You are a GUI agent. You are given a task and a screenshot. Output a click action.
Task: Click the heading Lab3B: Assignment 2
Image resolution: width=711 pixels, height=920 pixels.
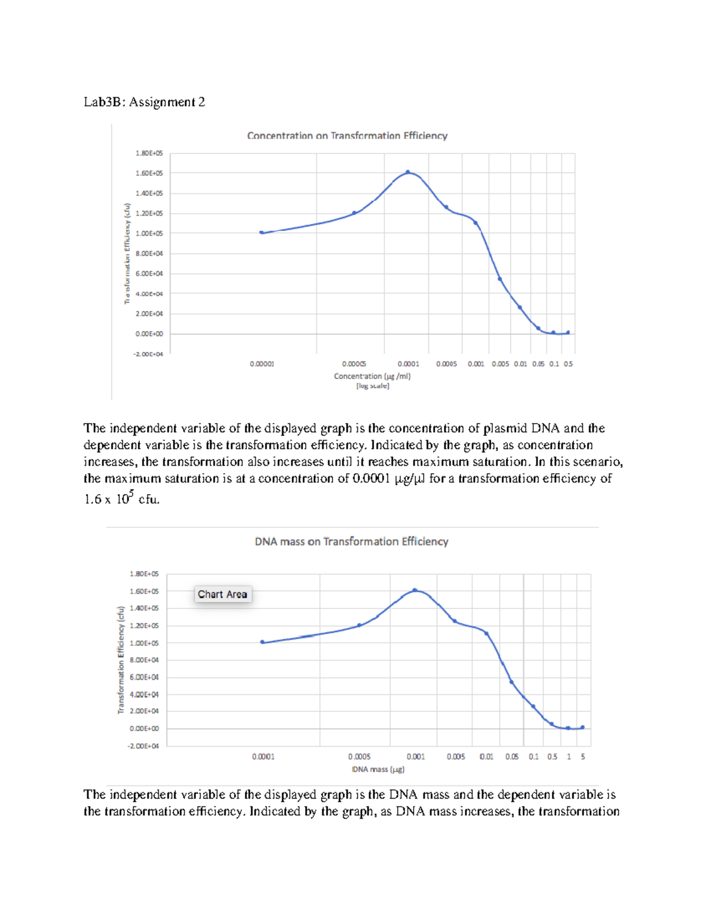(x=144, y=102)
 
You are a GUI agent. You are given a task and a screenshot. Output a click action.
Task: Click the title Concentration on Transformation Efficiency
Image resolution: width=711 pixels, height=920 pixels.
(x=347, y=136)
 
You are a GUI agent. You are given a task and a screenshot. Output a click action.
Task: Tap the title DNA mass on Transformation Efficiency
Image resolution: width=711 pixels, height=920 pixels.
(x=351, y=541)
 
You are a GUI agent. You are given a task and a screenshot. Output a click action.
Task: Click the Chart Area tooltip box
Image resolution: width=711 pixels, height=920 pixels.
(x=223, y=594)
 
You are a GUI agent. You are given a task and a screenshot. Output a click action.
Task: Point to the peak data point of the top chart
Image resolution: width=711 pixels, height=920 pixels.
(x=408, y=172)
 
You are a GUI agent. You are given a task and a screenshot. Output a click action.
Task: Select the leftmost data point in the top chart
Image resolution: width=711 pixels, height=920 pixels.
(x=262, y=232)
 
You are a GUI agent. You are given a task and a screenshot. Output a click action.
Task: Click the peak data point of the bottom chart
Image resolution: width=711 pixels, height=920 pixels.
(x=415, y=590)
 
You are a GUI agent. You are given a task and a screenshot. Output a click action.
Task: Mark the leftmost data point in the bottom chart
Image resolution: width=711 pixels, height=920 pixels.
(x=263, y=642)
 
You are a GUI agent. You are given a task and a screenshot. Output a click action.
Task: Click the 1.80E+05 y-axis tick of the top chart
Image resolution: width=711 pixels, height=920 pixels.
(x=149, y=153)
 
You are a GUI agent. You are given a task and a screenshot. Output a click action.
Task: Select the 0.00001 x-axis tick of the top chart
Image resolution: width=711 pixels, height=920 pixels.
(x=262, y=364)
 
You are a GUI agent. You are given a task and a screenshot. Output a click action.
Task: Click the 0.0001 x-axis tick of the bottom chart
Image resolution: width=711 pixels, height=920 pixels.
(x=263, y=756)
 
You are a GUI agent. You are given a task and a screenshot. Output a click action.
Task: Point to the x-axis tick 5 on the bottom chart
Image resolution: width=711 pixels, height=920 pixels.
(x=583, y=756)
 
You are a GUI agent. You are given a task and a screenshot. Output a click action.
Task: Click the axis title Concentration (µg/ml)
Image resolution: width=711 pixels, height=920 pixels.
(x=372, y=376)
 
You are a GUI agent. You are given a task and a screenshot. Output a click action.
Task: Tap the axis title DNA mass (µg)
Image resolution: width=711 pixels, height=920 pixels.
(x=378, y=770)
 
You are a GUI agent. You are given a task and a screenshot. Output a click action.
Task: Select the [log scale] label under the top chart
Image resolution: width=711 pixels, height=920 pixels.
(x=372, y=386)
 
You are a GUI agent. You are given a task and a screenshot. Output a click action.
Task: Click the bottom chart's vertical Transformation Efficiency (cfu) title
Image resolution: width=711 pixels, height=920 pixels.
(x=121, y=659)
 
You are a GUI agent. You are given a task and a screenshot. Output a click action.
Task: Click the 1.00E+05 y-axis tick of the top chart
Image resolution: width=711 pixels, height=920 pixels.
(x=149, y=233)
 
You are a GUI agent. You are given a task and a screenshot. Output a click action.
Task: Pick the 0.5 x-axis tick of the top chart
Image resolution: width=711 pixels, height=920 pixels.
(x=568, y=364)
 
